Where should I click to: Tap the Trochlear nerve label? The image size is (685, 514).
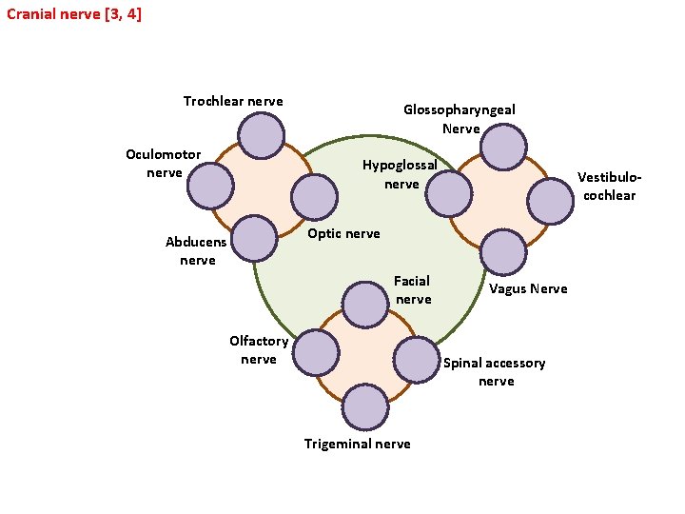tap(233, 101)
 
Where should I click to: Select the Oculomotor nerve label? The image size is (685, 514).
tap(164, 163)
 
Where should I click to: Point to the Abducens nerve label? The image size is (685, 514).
tap(197, 250)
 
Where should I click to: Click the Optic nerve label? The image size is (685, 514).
tap(343, 233)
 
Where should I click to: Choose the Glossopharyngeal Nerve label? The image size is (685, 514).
tap(460, 118)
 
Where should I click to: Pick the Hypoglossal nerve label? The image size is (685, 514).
tap(401, 173)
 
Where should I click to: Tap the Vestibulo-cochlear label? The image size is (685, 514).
tap(610, 186)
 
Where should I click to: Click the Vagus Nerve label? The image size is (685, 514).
tap(528, 288)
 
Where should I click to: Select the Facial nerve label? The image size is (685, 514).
tap(413, 289)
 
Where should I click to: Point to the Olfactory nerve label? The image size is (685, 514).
tap(259, 349)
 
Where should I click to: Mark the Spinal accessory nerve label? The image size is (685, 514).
tap(495, 371)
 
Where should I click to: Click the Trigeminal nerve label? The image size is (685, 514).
tap(358, 444)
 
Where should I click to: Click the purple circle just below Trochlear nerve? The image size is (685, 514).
tap(261, 136)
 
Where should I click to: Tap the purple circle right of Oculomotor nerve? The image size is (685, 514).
tap(210, 187)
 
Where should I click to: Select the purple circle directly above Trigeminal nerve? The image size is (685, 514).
tap(365, 407)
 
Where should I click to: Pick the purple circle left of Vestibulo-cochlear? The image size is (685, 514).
tap(551, 201)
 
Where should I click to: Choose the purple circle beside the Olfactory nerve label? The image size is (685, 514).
tap(316, 353)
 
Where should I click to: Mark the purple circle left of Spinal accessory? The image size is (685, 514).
tap(416, 360)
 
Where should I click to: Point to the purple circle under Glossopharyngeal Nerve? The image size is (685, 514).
tap(503, 148)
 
